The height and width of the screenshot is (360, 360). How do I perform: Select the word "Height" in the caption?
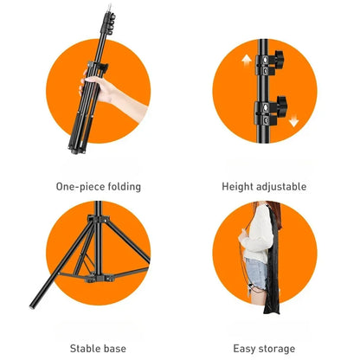pos(239,186)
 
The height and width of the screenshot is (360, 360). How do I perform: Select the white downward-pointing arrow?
pos(293,122)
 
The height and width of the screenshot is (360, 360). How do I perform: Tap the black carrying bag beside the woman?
pos(275,268)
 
